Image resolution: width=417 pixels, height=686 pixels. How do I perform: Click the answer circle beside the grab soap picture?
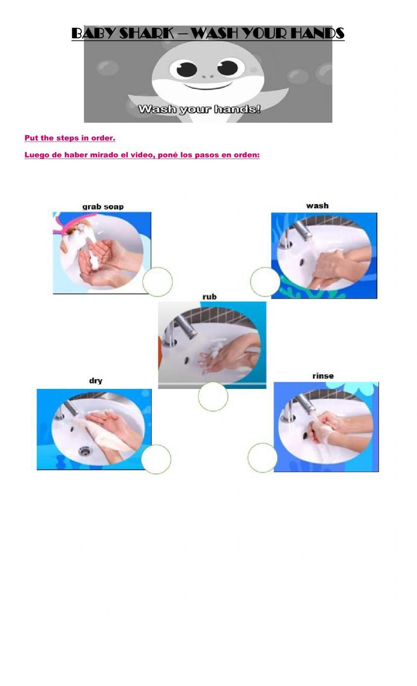(158, 282)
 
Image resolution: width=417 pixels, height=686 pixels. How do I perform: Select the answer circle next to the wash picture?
(265, 282)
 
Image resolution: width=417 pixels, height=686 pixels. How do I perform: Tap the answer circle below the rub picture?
(213, 396)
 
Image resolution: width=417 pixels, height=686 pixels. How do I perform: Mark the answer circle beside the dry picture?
(156, 459)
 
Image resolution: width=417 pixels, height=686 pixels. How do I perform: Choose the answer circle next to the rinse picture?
(262, 458)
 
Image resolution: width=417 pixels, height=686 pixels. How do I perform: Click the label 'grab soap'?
(103, 207)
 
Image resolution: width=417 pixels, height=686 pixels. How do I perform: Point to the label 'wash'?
(317, 206)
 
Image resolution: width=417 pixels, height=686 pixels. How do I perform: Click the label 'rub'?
(209, 297)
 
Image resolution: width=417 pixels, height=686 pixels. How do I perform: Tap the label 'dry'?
(95, 381)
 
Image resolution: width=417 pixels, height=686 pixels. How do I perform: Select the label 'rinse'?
(323, 376)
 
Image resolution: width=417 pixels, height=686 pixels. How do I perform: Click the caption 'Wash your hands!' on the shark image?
(199, 109)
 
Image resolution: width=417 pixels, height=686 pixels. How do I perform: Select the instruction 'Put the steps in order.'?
(70, 138)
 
